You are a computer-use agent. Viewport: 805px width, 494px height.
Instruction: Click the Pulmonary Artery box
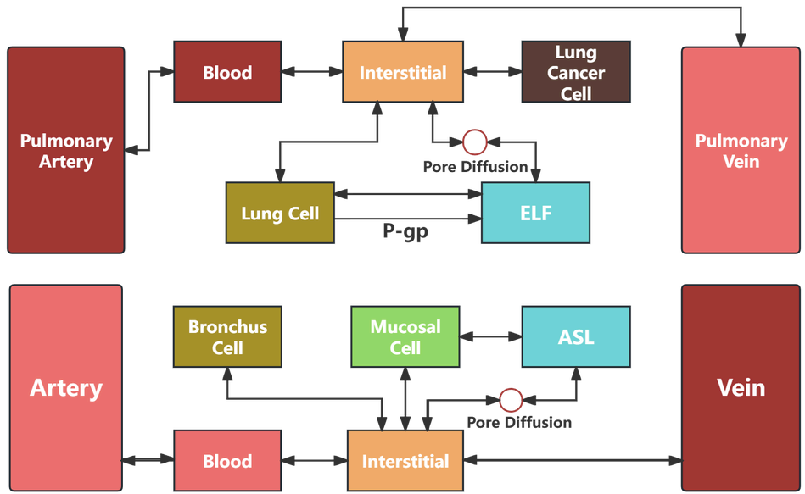[x=66, y=150]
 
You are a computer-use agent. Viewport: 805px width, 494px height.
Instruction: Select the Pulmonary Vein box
[x=741, y=150]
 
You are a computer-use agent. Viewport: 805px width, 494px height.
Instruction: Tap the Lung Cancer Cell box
[x=576, y=72]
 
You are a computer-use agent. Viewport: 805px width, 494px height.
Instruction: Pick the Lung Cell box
[x=280, y=213]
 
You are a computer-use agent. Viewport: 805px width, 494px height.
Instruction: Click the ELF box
[x=535, y=213]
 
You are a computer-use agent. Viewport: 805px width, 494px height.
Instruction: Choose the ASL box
[x=576, y=336]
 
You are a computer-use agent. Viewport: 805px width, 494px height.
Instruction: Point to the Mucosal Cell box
[x=405, y=336]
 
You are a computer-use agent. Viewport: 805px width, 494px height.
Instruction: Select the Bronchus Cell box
[x=227, y=336]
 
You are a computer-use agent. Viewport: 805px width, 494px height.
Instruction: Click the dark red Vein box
[x=741, y=387]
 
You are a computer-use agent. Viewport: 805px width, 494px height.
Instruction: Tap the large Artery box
[x=66, y=387]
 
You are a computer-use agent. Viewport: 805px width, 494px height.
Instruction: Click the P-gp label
[x=405, y=231]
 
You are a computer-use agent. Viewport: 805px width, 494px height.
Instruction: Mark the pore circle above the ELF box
[x=474, y=142]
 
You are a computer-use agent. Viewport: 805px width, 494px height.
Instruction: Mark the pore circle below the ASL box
[x=510, y=399]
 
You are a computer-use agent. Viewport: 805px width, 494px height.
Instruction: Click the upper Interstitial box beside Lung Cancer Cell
[x=403, y=72]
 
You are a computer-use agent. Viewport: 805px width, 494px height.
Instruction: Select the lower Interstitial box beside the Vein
[x=405, y=461]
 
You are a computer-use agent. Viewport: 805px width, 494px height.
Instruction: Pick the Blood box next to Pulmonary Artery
[x=227, y=72]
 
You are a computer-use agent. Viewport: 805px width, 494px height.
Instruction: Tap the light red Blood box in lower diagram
[x=227, y=461]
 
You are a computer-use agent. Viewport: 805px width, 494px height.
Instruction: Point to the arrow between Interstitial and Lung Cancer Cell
[x=493, y=72]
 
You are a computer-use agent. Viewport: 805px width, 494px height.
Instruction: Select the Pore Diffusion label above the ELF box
[x=475, y=167]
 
